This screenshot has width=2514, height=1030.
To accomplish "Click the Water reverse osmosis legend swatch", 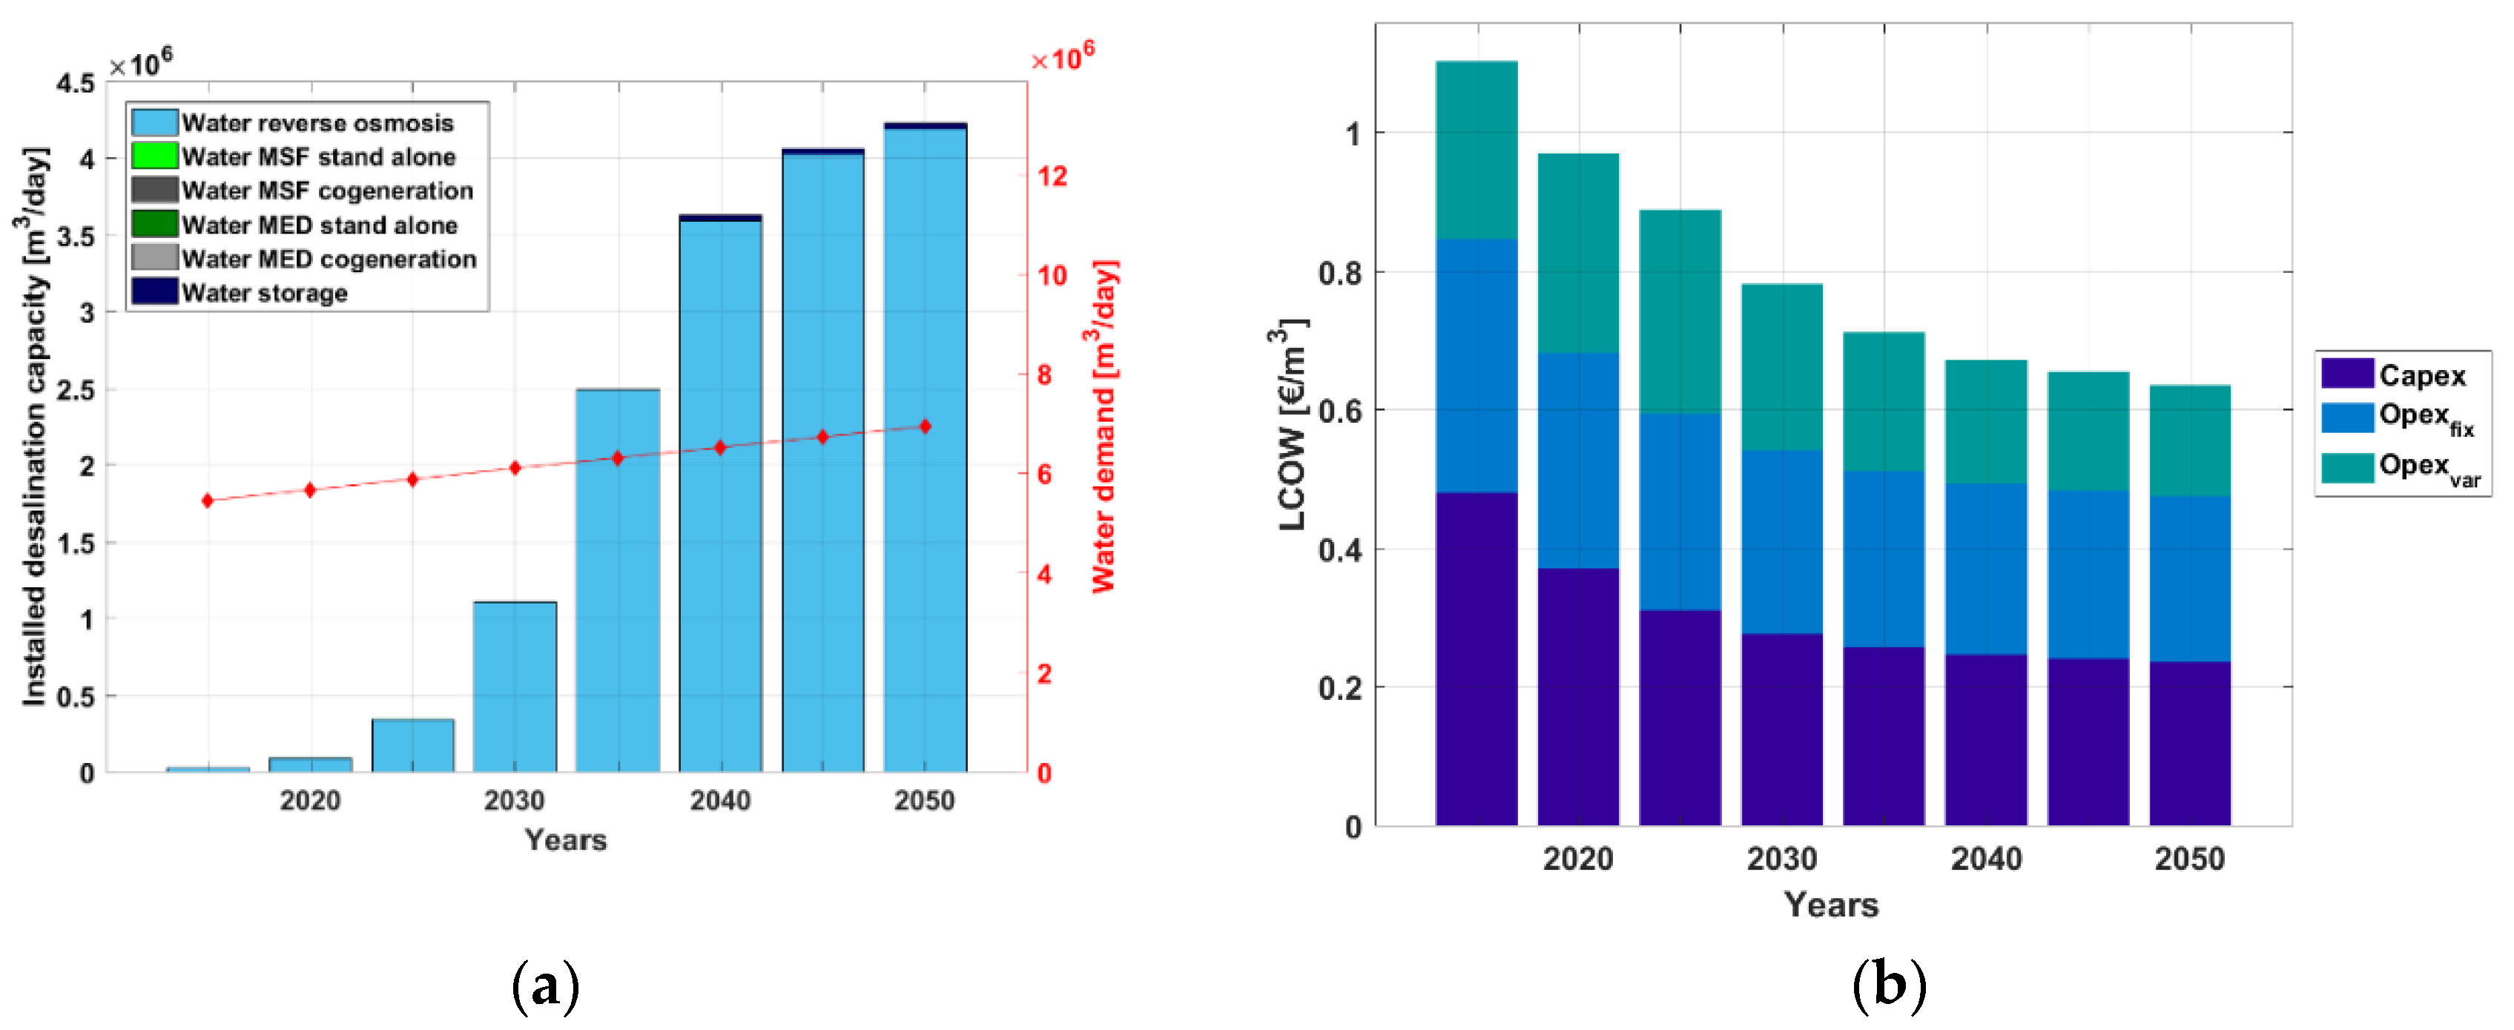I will coord(154,122).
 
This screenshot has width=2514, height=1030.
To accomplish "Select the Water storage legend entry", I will coord(263,293).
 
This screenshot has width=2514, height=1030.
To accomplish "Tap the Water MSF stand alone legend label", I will coord(318,156).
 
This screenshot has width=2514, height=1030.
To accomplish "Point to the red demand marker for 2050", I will coord(926,426).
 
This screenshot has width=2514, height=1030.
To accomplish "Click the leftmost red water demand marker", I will coord(207,501).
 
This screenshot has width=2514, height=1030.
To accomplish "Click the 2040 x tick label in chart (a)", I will coord(720,801).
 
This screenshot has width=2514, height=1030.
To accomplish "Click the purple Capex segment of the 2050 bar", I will coord(2190,743).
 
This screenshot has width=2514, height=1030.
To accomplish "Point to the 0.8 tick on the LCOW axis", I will coord(1339,272).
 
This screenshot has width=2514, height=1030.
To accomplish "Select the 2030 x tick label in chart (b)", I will coord(1782,859).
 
